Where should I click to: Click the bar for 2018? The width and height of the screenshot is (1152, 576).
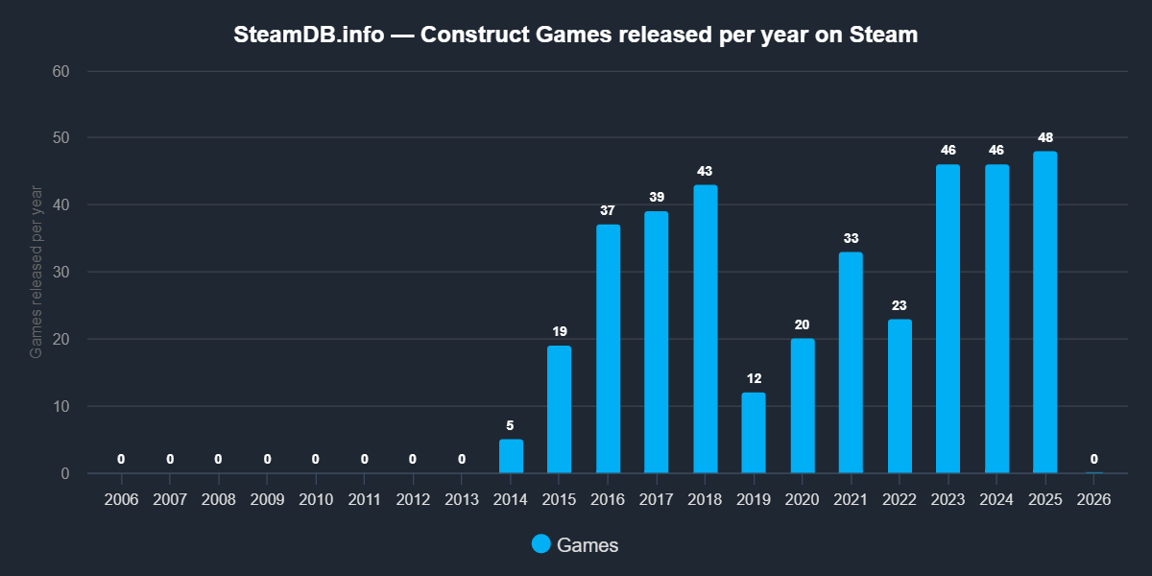tap(706, 329)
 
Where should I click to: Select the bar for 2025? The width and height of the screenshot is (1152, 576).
tap(1044, 312)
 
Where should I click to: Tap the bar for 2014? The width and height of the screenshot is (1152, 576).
tap(511, 456)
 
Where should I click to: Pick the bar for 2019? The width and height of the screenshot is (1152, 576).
tap(754, 433)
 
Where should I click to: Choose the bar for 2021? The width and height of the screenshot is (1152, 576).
tap(851, 363)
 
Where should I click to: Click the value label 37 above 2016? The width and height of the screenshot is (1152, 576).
tap(608, 210)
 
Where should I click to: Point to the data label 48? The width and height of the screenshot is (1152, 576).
tap(1044, 137)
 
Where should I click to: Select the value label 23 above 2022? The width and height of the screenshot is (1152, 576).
tap(900, 305)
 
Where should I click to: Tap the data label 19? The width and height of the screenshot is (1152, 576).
tap(560, 331)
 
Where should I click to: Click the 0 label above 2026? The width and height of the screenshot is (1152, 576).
tap(1093, 459)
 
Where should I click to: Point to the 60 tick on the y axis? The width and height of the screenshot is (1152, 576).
tap(60, 71)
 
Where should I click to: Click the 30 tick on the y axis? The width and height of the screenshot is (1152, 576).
tap(60, 272)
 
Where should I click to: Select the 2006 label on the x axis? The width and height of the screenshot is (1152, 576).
tap(122, 500)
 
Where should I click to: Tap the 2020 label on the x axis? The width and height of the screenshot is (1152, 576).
tap(803, 500)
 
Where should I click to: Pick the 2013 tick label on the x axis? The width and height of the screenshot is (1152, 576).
tap(462, 500)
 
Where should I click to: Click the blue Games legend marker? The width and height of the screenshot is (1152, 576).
tap(541, 544)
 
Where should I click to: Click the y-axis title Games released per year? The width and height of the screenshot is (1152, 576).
tap(36, 273)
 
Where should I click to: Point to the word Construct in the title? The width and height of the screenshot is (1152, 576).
tap(468, 36)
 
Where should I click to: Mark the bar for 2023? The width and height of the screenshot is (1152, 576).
tap(948, 319)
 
